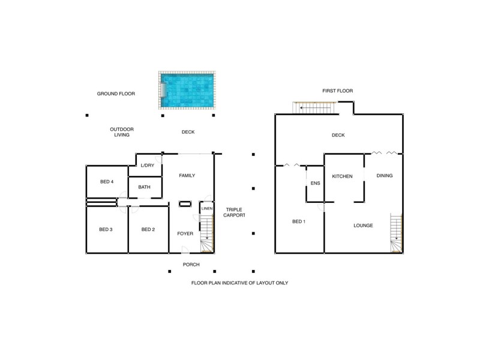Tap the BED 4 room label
click(x=106, y=182)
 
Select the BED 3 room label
click(x=106, y=229)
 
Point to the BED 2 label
click(x=148, y=229)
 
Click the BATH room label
click(x=144, y=187)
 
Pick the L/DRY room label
click(x=147, y=166)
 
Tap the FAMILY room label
click(x=188, y=175)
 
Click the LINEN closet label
click(x=206, y=208)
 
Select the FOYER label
click(x=185, y=233)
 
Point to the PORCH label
click(x=191, y=265)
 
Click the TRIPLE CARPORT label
click(x=233, y=213)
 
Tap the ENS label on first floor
click(x=316, y=184)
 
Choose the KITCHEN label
click(x=342, y=176)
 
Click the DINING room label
click(x=385, y=176)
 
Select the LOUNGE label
click(x=364, y=226)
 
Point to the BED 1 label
click(x=299, y=222)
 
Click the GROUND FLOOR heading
click(x=116, y=94)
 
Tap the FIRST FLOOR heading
click(x=337, y=91)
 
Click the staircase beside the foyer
click(x=207, y=235)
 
